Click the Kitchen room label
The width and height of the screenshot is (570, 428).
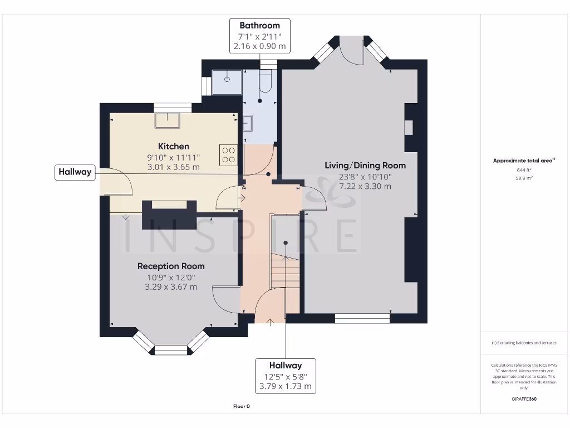[173, 146]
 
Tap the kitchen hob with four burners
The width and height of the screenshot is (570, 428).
[229, 154]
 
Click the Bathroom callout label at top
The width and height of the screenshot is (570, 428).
[259, 26]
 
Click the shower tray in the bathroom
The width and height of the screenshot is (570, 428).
[227, 82]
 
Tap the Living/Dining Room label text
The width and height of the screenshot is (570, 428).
[365, 166]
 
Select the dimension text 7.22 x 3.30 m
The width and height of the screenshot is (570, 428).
[365, 186]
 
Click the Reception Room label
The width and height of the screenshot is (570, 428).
[171, 266]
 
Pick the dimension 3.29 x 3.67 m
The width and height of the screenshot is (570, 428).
[171, 287]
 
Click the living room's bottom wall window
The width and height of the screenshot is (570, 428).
[362, 318]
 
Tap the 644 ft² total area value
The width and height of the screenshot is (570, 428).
[523, 170]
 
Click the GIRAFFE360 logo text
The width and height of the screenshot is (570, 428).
[523, 399]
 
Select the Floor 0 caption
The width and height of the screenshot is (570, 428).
[241, 406]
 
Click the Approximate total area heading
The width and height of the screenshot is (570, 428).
[523, 160]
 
